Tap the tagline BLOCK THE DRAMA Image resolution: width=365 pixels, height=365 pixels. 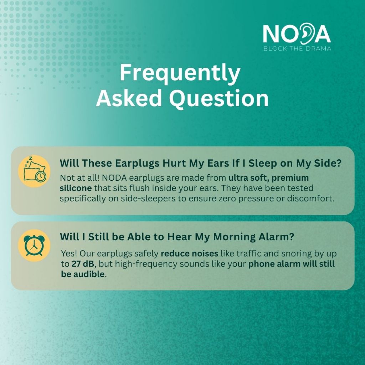point(297,48)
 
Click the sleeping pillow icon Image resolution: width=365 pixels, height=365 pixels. point(35,171)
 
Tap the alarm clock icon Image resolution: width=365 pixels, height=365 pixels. point(34,245)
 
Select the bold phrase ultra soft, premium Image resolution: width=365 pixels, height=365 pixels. point(268,178)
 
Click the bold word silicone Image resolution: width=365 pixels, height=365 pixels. point(76,188)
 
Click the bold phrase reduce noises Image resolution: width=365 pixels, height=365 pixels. point(190,253)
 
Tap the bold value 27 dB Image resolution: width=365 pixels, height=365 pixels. point(83,264)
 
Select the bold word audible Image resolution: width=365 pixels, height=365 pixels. point(89,274)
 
